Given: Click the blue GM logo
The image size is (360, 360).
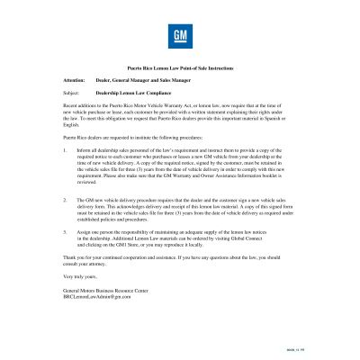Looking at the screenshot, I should [x=179, y=40].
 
